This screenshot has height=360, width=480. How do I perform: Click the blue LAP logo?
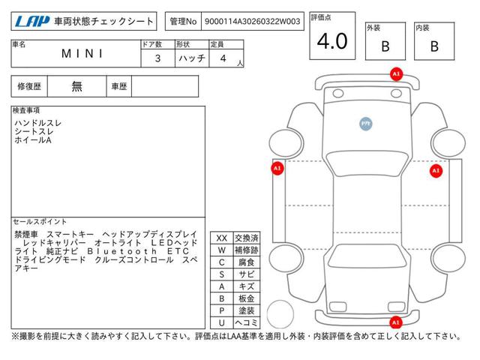click(x=32, y=21)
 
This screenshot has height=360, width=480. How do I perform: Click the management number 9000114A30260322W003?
click(x=252, y=22)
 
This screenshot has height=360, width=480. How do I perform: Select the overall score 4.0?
click(x=332, y=41)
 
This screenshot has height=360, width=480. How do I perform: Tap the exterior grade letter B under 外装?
click(x=385, y=46)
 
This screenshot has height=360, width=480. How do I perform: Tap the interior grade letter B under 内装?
click(x=434, y=46)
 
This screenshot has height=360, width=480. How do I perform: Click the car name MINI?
click(x=82, y=54)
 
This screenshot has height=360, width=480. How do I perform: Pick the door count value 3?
click(x=157, y=58)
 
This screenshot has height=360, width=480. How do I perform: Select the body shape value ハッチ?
click(x=192, y=58)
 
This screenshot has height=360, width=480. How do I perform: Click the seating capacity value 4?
click(x=223, y=58)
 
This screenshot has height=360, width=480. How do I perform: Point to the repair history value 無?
click(x=76, y=86)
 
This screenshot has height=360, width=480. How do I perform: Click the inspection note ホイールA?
click(x=33, y=140)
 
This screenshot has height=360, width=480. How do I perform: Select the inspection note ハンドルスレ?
click(x=38, y=123)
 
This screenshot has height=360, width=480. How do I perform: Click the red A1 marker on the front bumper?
click(x=396, y=74)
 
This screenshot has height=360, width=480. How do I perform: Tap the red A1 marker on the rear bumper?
click(x=395, y=322)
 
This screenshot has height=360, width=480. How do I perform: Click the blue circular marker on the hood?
click(x=366, y=124)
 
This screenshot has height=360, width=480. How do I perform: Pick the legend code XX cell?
click(x=222, y=238)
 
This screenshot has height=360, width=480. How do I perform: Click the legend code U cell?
click(x=222, y=322)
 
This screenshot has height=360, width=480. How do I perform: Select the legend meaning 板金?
click(x=247, y=298)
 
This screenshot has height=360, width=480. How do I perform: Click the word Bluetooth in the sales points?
click(x=121, y=251)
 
